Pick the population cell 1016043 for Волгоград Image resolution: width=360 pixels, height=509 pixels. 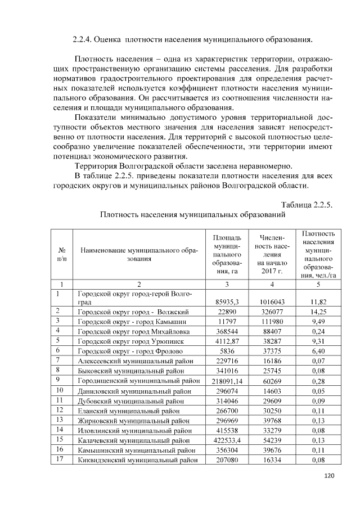coord(274,302)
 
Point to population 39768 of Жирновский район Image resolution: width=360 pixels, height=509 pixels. coord(274,421)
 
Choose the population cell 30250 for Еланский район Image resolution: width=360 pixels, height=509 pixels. coord(274,411)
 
